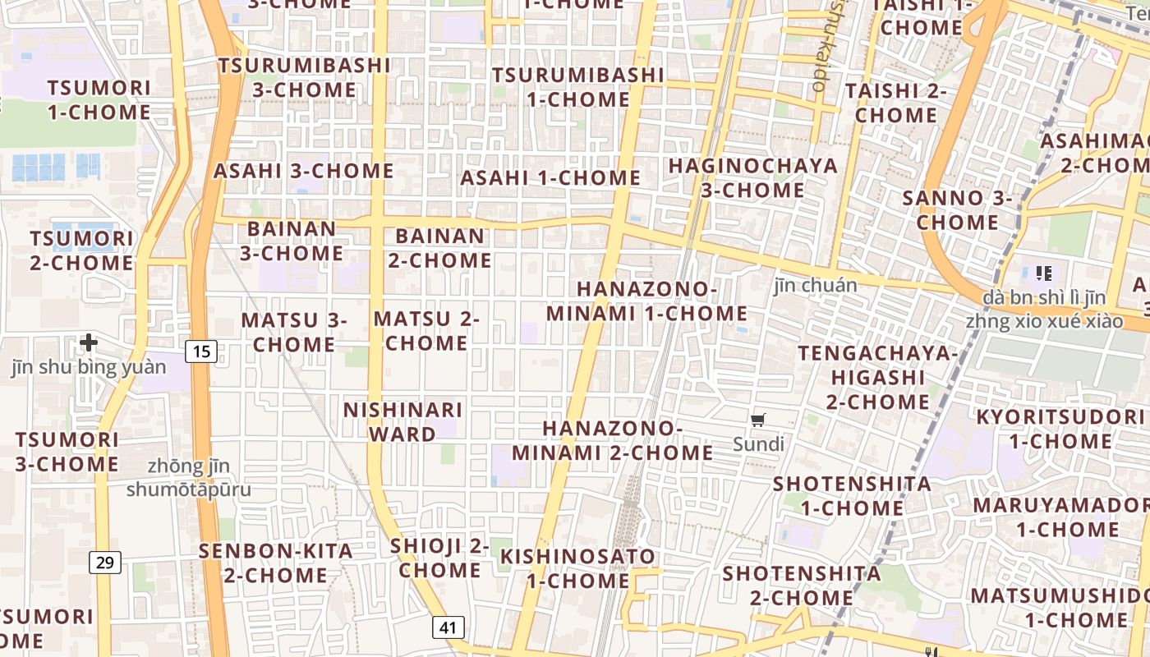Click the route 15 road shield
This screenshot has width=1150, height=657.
point(201,352)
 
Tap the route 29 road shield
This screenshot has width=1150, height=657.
point(105,563)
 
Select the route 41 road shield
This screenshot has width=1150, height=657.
point(448,628)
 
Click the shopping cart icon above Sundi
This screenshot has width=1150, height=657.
point(758,420)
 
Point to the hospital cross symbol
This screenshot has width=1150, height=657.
point(89,342)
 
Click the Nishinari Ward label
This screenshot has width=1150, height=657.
point(402,421)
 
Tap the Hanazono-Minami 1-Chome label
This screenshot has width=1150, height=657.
point(647,301)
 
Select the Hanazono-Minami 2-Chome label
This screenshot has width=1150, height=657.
point(613,440)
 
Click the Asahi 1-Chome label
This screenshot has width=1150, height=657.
point(550,178)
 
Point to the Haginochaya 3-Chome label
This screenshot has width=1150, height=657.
point(752,177)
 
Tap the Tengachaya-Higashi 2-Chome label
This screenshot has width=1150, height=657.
point(878,378)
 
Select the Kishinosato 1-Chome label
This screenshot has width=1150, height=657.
point(578,568)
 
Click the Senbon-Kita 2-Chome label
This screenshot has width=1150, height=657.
point(276,563)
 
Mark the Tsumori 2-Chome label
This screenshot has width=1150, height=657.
point(82,250)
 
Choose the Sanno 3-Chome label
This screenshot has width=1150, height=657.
point(957,210)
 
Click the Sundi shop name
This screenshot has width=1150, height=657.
point(759,445)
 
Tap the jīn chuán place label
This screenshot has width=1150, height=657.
point(815,286)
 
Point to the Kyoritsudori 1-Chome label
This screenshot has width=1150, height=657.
point(1060,429)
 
